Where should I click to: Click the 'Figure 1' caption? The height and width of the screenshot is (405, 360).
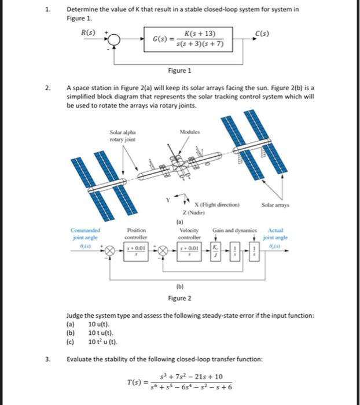click(x=179, y=71)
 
